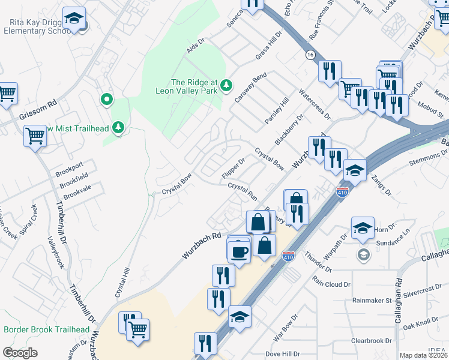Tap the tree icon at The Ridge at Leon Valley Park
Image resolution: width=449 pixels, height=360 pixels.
click(226, 85)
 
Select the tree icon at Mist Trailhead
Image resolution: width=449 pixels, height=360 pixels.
click(119, 127)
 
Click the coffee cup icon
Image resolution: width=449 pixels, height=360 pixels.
click(238, 251)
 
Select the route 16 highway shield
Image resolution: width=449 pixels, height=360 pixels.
click(310, 55)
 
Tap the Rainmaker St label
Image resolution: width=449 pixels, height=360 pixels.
click(372, 300)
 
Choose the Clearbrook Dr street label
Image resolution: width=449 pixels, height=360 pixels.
click(371, 341)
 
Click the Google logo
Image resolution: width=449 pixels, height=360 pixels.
click(19, 353)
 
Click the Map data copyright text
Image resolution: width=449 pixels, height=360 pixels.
click(424, 355)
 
